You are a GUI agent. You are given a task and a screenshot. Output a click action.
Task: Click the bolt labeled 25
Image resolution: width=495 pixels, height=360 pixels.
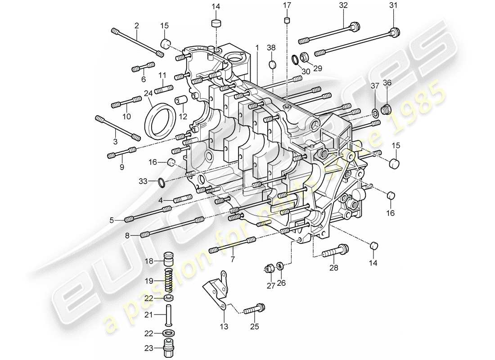(x=255, y=310)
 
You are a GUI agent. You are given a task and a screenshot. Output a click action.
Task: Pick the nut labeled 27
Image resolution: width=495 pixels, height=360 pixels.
(x=269, y=269)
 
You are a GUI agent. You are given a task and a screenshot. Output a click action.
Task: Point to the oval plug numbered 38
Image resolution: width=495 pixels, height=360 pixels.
(x=272, y=65)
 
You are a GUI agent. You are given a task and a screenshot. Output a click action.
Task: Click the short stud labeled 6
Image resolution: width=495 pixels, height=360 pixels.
(x=143, y=69)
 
